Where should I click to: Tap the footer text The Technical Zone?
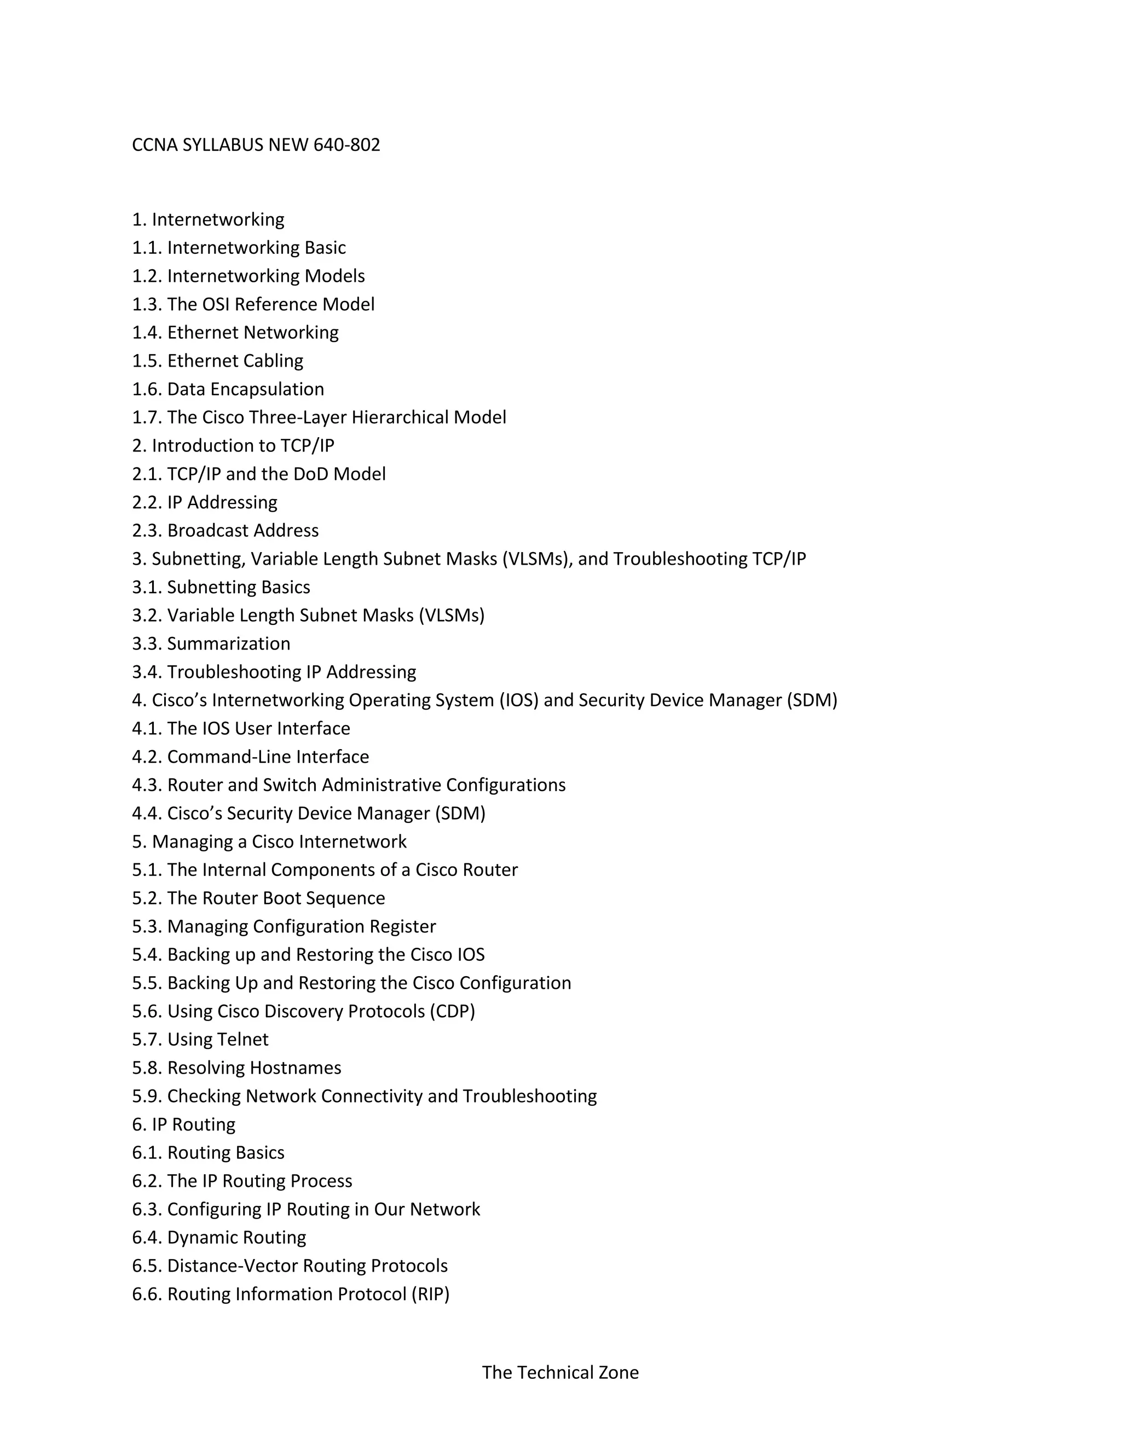click(560, 1372)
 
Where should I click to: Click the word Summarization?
click(228, 643)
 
